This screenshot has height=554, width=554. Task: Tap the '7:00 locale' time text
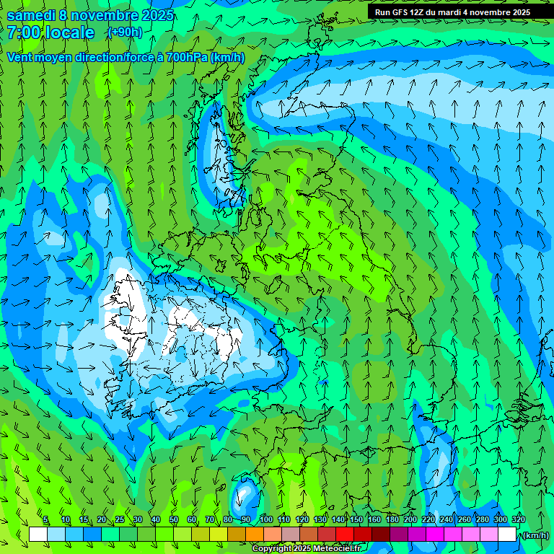pyautogui.click(x=50, y=32)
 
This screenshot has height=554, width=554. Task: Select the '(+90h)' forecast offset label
pyautogui.click(x=125, y=32)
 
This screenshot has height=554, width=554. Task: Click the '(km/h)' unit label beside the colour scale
pyautogui.click(x=535, y=535)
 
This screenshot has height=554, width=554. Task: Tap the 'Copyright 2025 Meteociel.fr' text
pyautogui.click(x=307, y=549)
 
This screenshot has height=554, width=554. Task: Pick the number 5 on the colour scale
pyautogui.click(x=45, y=520)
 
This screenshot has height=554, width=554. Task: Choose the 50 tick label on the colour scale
pyautogui.click(x=174, y=520)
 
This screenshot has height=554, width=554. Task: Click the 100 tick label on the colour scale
pyautogui.click(x=266, y=520)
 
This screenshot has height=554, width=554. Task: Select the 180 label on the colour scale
pyautogui.click(x=392, y=520)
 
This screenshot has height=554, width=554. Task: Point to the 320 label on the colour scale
pyautogui.click(x=518, y=520)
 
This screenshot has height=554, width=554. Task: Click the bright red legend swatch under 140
pyautogui.click(x=345, y=534)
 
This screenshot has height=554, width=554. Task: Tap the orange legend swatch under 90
pyautogui.click(x=255, y=534)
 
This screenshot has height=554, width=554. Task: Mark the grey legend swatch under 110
pyautogui.click(x=291, y=534)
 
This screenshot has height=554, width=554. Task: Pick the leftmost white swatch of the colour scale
pyautogui.click(x=38, y=534)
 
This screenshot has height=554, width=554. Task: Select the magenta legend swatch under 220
pyautogui.click(x=435, y=534)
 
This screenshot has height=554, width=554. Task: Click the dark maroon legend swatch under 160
pyautogui.click(x=381, y=534)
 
